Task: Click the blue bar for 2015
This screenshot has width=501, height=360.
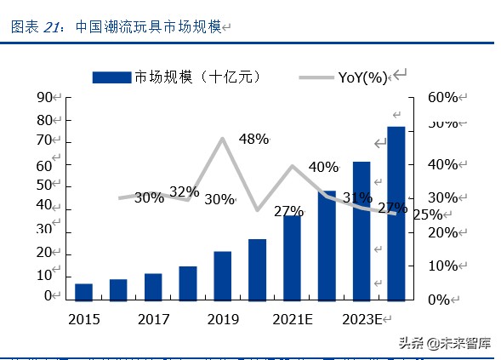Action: pyautogui.click(x=83, y=291)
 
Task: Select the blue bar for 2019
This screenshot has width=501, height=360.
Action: pyautogui.click(x=223, y=275)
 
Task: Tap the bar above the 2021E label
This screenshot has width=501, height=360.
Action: pyautogui.click(x=293, y=257)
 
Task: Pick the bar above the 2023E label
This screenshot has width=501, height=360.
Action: pyautogui.click(x=362, y=230)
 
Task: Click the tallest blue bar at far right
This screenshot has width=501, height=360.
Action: pyautogui.click(x=396, y=213)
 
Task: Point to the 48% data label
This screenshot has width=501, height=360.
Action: pyautogui.click(x=253, y=139)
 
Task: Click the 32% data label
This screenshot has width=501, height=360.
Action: pyautogui.click(x=184, y=191)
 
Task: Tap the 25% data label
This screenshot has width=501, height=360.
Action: pyautogui.click(x=427, y=214)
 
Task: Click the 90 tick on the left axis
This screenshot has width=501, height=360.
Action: pyautogui.click(x=45, y=98)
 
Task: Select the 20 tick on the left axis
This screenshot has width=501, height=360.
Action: pyautogui.click(x=45, y=253)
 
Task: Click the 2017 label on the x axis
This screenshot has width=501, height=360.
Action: pyautogui.click(x=154, y=319)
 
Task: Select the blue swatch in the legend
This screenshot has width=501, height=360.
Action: pyautogui.click(x=112, y=77)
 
